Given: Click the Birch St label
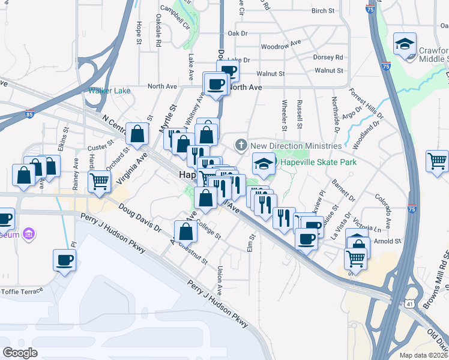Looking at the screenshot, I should [x=322, y=11].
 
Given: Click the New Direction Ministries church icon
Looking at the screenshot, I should [x=241, y=145].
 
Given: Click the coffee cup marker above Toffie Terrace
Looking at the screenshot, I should [x=64, y=260].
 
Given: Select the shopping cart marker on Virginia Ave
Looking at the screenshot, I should [x=99, y=181].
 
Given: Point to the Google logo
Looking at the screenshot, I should [x=20, y=353].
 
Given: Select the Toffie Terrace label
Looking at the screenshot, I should [x=22, y=290].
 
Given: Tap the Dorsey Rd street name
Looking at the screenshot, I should [x=328, y=58].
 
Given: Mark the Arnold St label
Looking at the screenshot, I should [x=388, y=241].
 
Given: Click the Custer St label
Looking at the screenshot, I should [x=100, y=146].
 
